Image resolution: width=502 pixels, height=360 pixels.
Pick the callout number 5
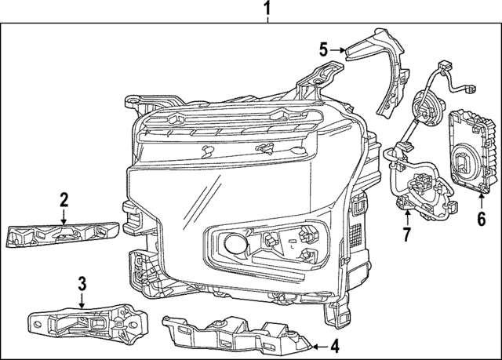[x=322, y=49]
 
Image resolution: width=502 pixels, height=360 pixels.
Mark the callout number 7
[x=406, y=234]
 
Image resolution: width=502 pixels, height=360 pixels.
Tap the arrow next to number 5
[x=338, y=49]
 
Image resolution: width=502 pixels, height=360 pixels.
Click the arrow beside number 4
[x=317, y=344]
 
